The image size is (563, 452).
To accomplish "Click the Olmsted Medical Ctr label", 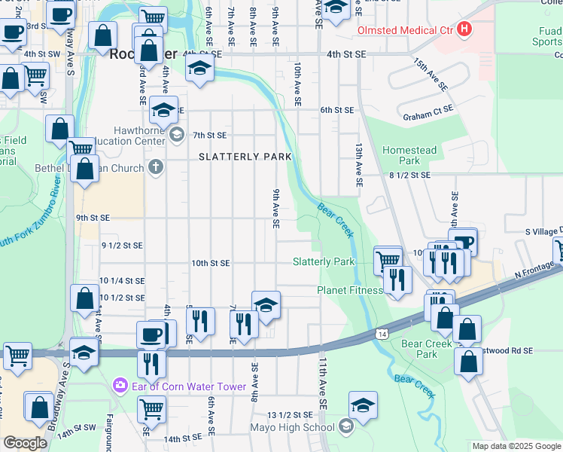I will pyautogui.click(x=405, y=30).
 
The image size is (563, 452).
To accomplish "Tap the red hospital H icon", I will pyautogui.click(x=466, y=30).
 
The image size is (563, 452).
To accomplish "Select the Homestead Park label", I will pyautogui.click(x=409, y=155).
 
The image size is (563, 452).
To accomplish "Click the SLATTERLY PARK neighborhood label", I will pyautogui.click(x=245, y=157).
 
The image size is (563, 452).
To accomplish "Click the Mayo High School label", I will pyautogui.click(x=293, y=428).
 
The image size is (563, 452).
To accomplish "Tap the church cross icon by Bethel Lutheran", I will pyautogui.click(x=156, y=167).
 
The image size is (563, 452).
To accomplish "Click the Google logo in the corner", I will pyautogui.click(x=24, y=443).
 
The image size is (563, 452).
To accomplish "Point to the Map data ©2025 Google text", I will pyautogui.click(x=516, y=446).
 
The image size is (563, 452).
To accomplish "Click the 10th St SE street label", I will pyautogui.click(x=210, y=264).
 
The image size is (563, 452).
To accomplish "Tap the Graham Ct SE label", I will pyautogui.click(x=428, y=108).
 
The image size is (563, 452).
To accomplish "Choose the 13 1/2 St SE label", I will pyautogui.click(x=290, y=415).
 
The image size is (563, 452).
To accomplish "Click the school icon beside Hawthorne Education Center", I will pyautogui.click(x=176, y=136).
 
